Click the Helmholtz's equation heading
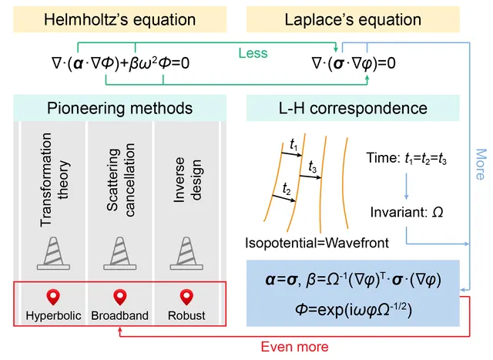[x=120, y=19]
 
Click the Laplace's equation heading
[x=353, y=19]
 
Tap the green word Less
[x=253, y=53]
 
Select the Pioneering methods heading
[x=120, y=108]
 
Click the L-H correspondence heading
[x=353, y=108]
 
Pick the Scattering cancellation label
[x=120, y=180]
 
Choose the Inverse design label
[x=188, y=180]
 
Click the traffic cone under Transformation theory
[x=53, y=254]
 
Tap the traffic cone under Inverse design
[x=186, y=254]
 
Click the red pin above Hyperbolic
[x=53, y=298]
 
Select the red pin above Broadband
[x=120, y=298]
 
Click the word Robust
[x=186, y=315]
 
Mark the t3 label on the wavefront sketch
[x=312, y=167]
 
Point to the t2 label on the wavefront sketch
[x=287, y=189]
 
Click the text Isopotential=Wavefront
[x=317, y=243]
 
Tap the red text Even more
[x=294, y=347]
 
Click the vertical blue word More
[x=481, y=164]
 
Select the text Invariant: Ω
[x=407, y=212]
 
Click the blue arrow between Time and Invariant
[x=406, y=186]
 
